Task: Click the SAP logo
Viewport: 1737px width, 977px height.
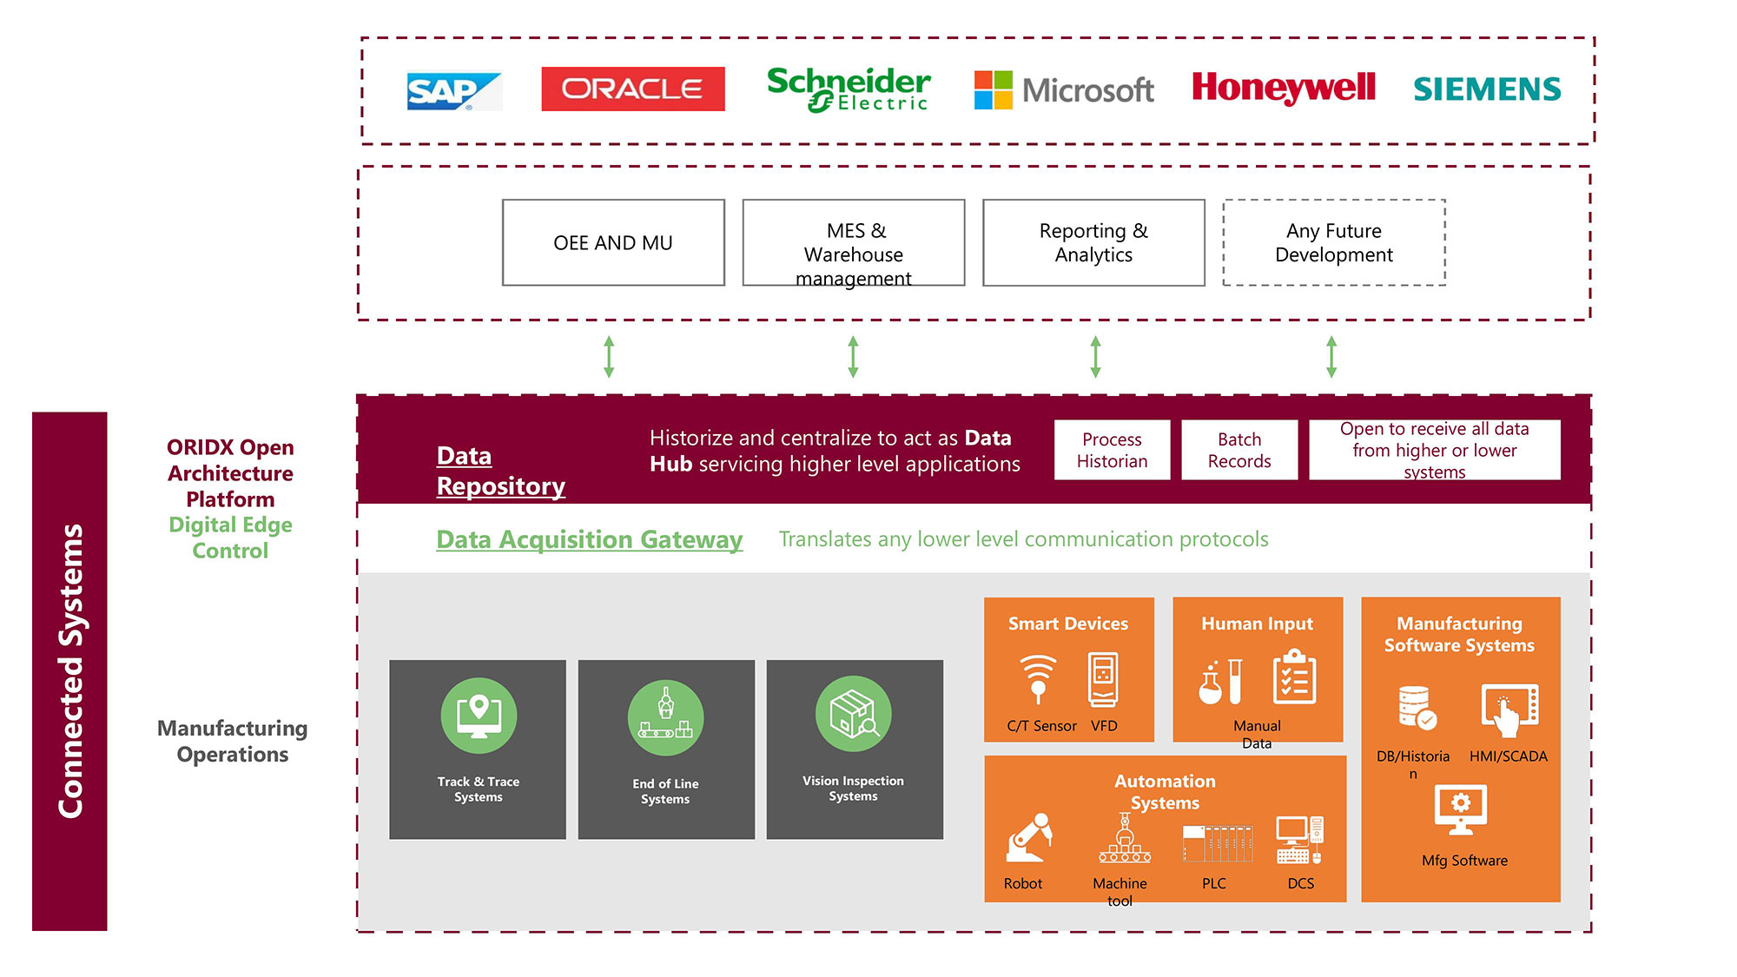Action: point(453,90)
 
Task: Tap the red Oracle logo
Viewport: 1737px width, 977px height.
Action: point(632,89)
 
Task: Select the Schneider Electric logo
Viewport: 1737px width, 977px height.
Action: point(849,89)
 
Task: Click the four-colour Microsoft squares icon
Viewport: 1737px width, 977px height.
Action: point(993,89)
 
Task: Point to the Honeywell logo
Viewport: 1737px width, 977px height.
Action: point(1283,88)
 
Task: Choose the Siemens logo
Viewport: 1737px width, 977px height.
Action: point(1487,89)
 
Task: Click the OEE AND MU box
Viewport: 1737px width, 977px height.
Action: point(613,242)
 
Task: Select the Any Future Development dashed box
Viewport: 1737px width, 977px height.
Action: point(1334,242)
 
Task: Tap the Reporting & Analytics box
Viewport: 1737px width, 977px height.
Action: point(1093,242)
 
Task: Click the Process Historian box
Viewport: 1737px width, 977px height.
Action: point(1112,450)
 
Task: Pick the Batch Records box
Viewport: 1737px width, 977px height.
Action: point(1239,450)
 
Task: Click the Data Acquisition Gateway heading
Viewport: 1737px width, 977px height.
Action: point(589,539)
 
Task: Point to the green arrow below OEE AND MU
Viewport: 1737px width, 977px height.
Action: point(609,357)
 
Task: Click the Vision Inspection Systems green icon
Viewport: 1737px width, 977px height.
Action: point(854,714)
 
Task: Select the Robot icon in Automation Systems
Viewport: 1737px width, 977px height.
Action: point(1029,837)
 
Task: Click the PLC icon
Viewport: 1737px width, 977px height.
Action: point(1217,842)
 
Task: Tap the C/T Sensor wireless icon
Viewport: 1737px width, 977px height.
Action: point(1038,678)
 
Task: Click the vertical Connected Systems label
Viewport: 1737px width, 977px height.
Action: point(69,670)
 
